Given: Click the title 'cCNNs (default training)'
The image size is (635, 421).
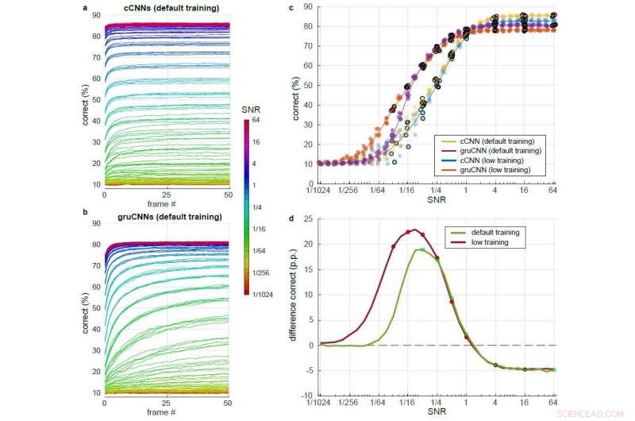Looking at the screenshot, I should click(166, 8).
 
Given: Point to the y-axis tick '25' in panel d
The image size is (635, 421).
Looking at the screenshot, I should click(307, 218).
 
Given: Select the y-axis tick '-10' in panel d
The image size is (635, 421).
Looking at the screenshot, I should click(306, 396).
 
